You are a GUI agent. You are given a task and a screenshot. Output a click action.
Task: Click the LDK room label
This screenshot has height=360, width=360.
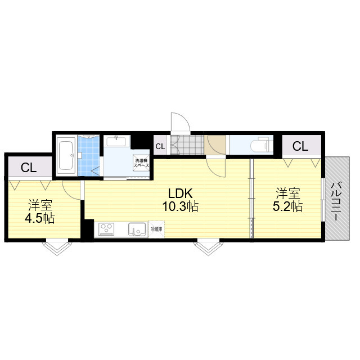tap(180, 193)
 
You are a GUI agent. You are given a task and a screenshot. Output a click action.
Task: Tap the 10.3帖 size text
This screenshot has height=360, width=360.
tap(180, 206)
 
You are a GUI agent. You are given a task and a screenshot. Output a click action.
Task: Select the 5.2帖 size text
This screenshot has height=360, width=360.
tap(287, 206)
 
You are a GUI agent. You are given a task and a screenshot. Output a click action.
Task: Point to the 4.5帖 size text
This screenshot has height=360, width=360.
tap(40, 218)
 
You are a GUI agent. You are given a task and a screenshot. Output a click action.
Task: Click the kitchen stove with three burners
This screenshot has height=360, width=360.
tap(106, 229)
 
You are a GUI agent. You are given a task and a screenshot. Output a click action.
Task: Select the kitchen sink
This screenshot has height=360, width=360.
tap(137, 229)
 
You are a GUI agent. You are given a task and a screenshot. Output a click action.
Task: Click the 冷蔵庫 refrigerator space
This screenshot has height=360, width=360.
tap(156, 229)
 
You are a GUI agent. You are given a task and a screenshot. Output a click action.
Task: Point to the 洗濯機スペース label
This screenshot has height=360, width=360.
tap(141, 163)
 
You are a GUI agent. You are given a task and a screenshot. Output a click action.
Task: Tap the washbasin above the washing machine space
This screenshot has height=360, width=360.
tap(116, 141)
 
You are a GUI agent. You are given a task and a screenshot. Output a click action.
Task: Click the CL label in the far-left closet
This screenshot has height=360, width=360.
tap(29, 168)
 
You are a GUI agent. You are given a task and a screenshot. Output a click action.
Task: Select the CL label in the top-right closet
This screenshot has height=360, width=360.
tap(300, 146)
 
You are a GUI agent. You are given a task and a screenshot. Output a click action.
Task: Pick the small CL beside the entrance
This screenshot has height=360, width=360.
tap(160, 146)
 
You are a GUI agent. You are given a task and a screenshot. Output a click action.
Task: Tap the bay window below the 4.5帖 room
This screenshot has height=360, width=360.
tap(57, 247)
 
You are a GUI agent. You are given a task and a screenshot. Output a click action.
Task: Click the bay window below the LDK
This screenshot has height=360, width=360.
tap(208, 247)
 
